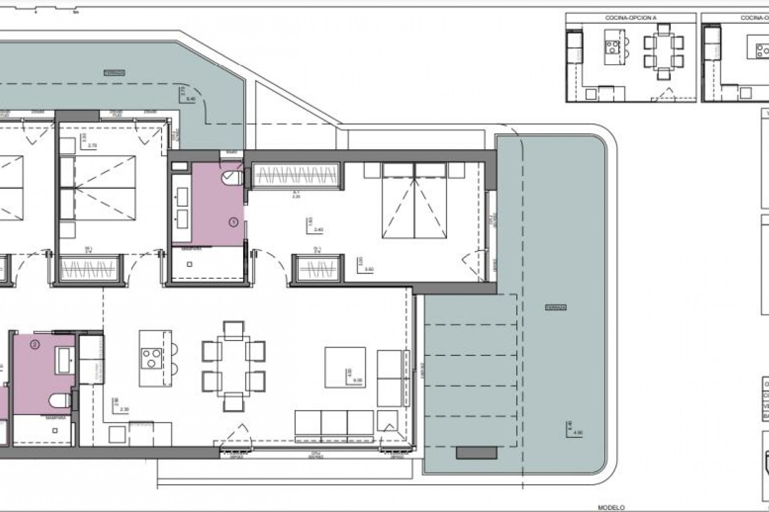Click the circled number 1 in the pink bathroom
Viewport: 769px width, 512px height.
(x=233, y=222)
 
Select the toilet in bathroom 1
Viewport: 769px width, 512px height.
(x=232, y=177)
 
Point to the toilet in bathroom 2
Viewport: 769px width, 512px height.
(x=60, y=400)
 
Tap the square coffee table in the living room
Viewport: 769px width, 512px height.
(x=345, y=367)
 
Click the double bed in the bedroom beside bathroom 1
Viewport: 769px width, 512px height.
(x=414, y=207)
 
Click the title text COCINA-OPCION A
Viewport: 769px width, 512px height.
(x=630, y=18)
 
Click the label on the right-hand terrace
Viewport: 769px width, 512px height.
(x=556, y=308)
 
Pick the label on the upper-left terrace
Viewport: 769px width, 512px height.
(x=114, y=73)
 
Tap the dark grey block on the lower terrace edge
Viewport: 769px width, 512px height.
(x=477, y=453)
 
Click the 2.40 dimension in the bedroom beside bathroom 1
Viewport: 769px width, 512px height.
(x=318, y=230)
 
